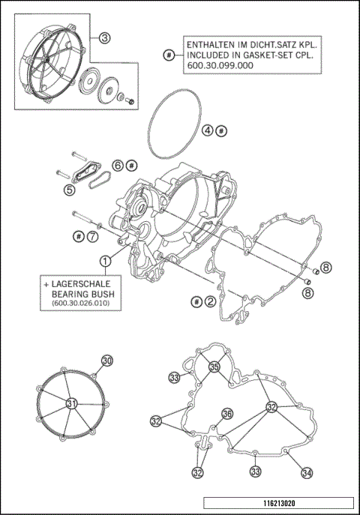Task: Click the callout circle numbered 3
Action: [105, 37]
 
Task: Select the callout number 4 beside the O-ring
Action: [207, 130]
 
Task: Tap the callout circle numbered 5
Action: [69, 190]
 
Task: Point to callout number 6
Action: [118, 164]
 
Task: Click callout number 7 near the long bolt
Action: [91, 236]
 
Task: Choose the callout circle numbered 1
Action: [106, 260]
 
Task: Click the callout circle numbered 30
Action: [107, 361]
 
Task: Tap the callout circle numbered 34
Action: [307, 472]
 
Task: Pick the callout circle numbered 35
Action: [214, 367]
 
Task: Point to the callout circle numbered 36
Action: [227, 414]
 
